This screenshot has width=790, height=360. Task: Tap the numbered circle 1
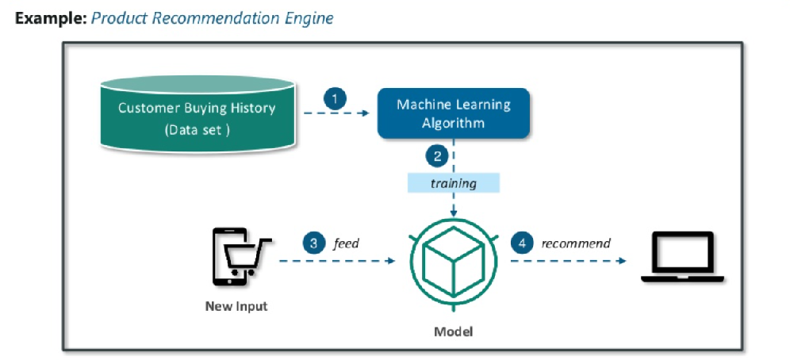[x=335, y=99]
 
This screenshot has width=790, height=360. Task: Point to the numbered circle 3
[x=313, y=243]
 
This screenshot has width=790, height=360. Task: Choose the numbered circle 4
[x=521, y=243]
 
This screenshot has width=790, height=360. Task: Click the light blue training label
[x=453, y=183]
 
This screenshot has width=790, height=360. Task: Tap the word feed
[x=347, y=243]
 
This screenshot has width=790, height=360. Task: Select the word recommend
[x=576, y=243]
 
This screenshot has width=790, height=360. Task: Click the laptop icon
[x=681, y=257]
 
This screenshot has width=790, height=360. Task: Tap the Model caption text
[x=453, y=331]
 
